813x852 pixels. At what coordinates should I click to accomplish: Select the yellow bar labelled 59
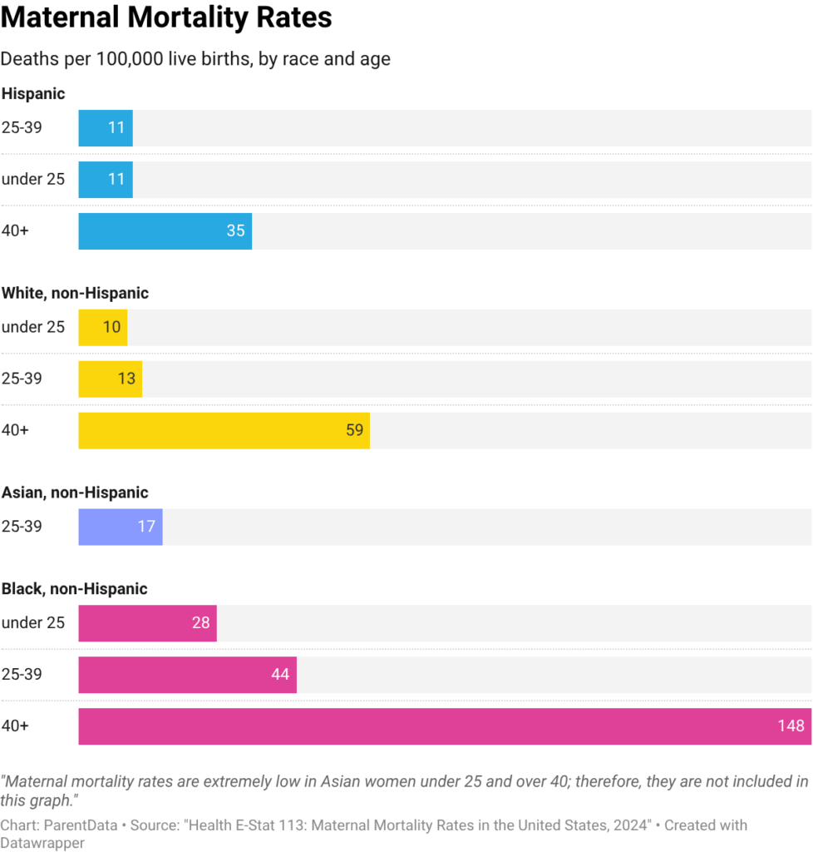pyautogui.click(x=224, y=430)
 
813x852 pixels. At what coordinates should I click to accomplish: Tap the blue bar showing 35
pyautogui.click(x=165, y=231)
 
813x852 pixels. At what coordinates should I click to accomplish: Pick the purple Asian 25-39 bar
pyautogui.click(x=120, y=527)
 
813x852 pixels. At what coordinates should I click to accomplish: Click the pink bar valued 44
pyautogui.click(x=187, y=675)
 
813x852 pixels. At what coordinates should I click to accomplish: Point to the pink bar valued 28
pyautogui.click(x=147, y=623)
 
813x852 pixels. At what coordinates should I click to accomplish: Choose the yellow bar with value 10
pyautogui.click(x=102, y=327)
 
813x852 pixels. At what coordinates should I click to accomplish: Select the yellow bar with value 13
pyautogui.click(x=110, y=379)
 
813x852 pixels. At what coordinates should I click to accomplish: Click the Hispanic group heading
pyautogui.click(x=33, y=94)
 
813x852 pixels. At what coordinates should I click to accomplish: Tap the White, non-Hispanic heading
pyautogui.click(x=75, y=293)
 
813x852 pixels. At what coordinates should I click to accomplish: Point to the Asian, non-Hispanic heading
pyautogui.click(x=74, y=493)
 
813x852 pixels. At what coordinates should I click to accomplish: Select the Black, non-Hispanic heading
pyautogui.click(x=74, y=589)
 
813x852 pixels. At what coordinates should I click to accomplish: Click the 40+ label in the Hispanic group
pyautogui.click(x=15, y=231)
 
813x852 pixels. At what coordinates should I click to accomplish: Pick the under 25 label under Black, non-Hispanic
pyautogui.click(x=32, y=623)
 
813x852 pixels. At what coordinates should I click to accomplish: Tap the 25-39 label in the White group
pyautogui.click(x=21, y=379)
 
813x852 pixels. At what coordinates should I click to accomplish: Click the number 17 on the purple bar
pyautogui.click(x=146, y=527)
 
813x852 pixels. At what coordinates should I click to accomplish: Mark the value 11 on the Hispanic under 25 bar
pyautogui.click(x=116, y=180)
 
